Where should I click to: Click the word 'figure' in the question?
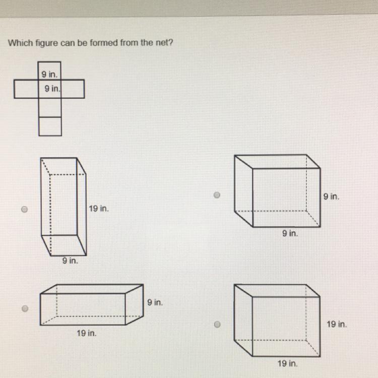(47, 43)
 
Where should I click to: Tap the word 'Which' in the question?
(21, 43)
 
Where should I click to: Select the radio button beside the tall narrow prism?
(24, 209)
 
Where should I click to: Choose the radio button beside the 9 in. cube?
(217, 195)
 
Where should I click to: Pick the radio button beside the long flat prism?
(25, 308)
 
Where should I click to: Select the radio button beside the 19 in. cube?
(217, 325)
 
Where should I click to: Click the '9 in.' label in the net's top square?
(49, 75)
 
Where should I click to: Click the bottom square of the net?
(50, 127)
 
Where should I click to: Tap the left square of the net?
(26, 89)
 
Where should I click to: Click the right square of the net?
(73, 89)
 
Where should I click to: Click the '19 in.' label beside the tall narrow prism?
(99, 209)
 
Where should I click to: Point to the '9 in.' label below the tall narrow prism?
(70, 261)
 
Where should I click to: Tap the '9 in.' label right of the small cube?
(331, 197)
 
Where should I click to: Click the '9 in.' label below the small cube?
(290, 233)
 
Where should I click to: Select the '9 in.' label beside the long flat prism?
(155, 302)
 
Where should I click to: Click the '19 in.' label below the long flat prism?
(87, 334)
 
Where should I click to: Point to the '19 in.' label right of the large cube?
(337, 324)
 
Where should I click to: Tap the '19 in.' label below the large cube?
(287, 363)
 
